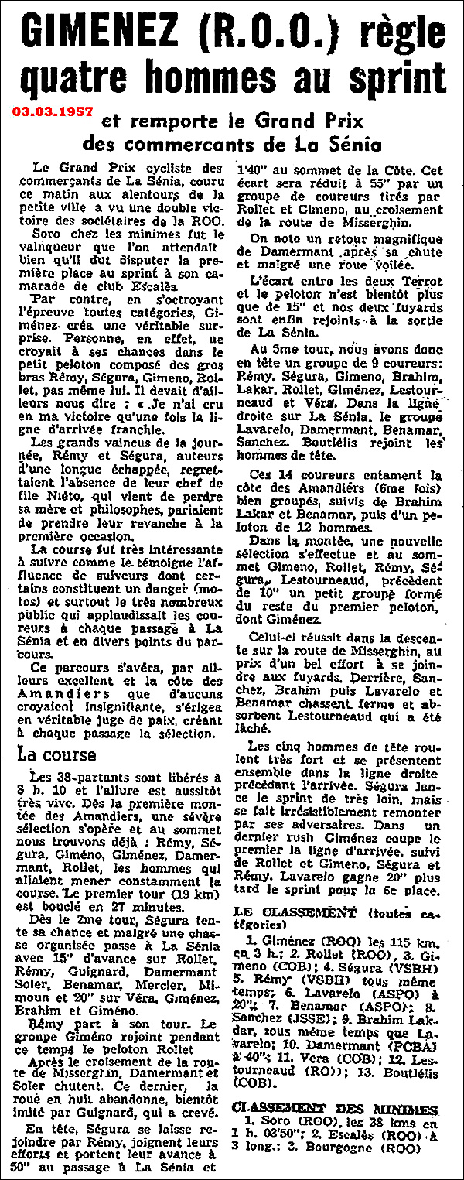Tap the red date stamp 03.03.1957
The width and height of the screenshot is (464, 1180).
[51, 111]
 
